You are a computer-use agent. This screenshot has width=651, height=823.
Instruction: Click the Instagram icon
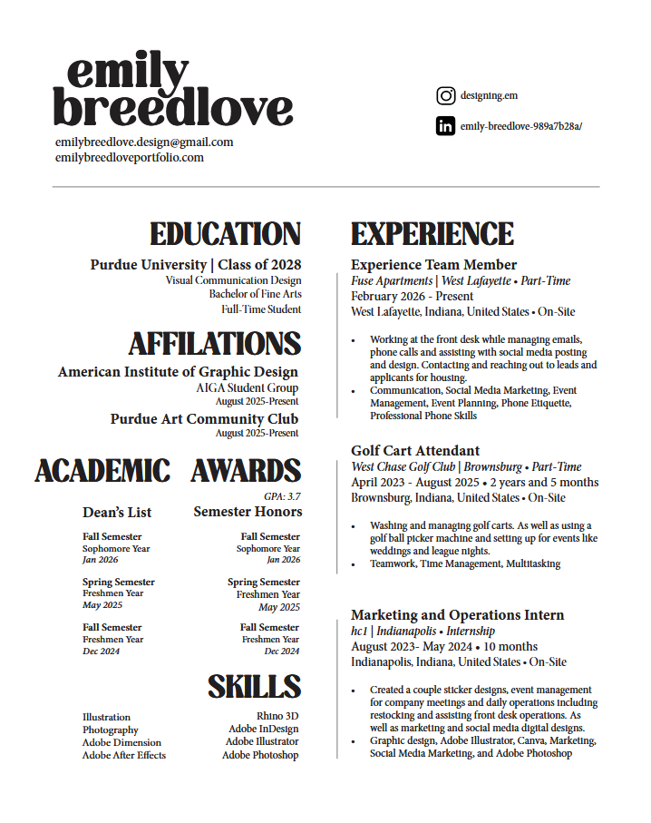click(x=445, y=95)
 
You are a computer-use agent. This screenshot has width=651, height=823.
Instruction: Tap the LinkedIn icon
click(x=445, y=126)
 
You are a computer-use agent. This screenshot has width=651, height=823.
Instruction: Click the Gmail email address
click(x=144, y=142)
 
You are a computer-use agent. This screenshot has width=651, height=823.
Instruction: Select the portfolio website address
click(x=130, y=157)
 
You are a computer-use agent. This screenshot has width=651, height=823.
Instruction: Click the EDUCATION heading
click(x=226, y=234)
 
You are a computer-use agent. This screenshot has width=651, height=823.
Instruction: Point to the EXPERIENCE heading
click(x=432, y=234)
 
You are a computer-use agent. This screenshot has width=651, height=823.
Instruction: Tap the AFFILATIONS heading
click(x=215, y=344)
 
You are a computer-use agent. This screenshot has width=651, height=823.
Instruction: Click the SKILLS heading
click(x=255, y=687)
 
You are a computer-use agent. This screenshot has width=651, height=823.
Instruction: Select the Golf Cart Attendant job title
click(x=415, y=451)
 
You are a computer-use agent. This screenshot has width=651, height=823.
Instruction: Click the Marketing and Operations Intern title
click(x=457, y=615)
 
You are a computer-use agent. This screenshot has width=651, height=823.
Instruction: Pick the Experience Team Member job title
click(x=433, y=265)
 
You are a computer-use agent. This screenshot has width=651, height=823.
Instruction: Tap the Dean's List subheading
click(x=117, y=513)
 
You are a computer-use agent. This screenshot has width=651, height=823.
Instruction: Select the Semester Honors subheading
click(x=248, y=512)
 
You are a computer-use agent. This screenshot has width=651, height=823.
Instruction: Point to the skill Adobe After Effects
click(x=124, y=755)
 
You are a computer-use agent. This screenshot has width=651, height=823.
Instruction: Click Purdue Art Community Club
click(x=204, y=419)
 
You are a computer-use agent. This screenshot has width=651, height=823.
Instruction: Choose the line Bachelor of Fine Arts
click(x=255, y=294)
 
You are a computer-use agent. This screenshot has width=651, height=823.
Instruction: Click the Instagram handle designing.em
click(x=489, y=95)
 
